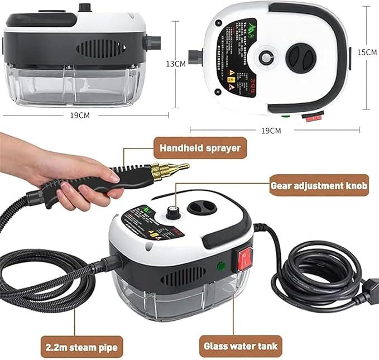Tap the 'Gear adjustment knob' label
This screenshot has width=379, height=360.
point(319,186)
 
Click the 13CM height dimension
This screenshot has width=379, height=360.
point(176,63)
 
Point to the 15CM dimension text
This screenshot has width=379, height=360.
point(366,52)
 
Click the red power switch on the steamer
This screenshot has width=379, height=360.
point(244,257)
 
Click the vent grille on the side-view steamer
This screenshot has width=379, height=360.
point(101,47)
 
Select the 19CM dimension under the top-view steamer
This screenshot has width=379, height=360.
point(271,130)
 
